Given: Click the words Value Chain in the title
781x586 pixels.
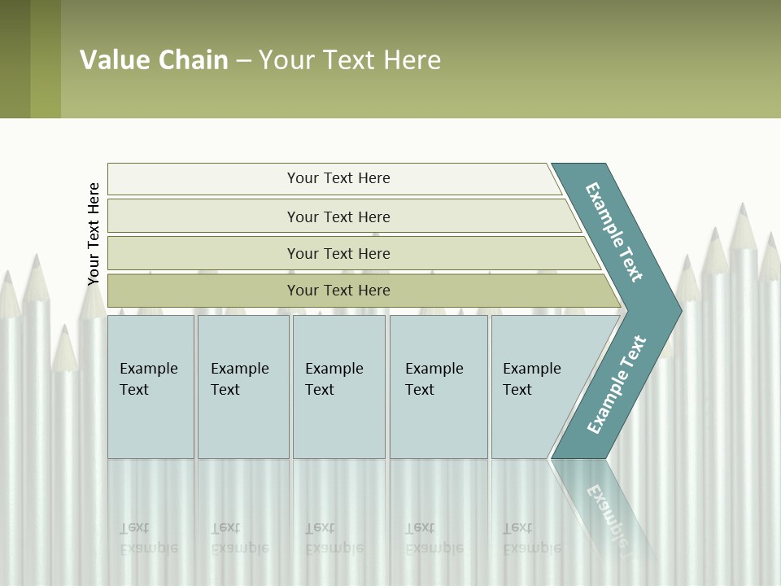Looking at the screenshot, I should pos(154,60).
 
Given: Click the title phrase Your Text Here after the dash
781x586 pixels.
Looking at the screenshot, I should pos(350,60).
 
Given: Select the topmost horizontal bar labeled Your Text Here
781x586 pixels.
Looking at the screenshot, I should pos(338,178).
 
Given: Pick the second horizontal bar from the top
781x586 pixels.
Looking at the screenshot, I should pos(338,216).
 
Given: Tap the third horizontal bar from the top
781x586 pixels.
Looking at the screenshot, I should pos(338,253).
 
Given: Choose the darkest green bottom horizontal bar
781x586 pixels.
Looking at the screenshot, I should pos(338,291).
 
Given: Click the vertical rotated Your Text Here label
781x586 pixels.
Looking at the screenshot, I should pos(94,234).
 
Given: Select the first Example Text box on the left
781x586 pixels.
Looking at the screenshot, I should pos(151,387).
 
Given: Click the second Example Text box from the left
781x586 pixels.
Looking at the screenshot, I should pos(243,387).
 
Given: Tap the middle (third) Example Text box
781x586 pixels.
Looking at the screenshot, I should pos(338,387).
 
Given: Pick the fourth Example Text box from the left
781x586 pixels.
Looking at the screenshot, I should pos(438,387).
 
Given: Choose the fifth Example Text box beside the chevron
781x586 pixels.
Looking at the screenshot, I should pos(533,387).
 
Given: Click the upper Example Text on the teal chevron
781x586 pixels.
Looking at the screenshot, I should pos(614,232).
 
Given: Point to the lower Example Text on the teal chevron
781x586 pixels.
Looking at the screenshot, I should pos(617,385).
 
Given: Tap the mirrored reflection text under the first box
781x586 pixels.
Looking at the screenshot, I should pos(148,538).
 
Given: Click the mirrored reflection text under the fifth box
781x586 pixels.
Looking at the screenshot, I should pos(531,538).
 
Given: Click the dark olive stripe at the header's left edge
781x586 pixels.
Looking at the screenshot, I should pos(15,59).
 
